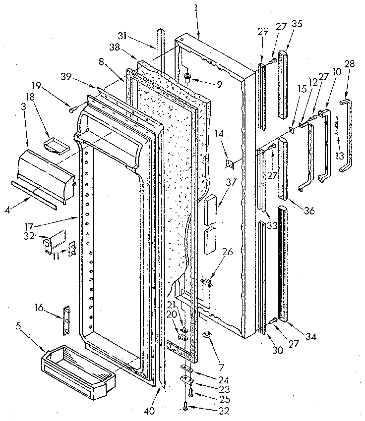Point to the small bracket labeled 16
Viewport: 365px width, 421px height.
66,320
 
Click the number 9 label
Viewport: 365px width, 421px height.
218,84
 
